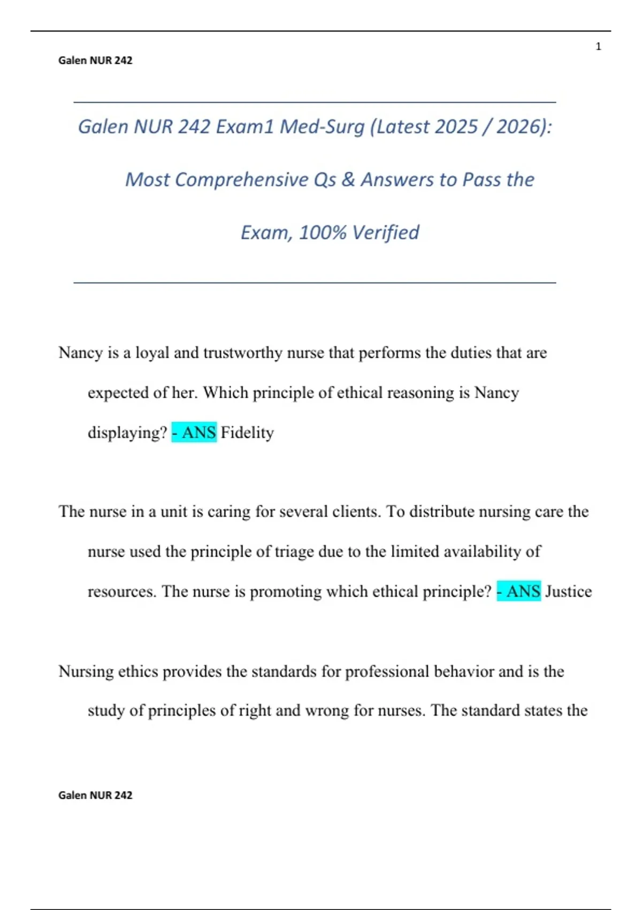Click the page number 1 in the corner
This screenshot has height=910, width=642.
[598, 47]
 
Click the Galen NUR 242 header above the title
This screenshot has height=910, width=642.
[95, 60]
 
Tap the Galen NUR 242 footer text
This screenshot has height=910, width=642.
[95, 795]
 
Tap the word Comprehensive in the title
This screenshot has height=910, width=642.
[242, 180]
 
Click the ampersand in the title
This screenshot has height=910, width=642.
[348, 180]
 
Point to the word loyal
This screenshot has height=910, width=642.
[152, 353]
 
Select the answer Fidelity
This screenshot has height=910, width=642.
[247, 433]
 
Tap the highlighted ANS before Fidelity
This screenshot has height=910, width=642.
[194, 433]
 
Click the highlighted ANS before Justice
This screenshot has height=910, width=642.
[519, 591]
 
